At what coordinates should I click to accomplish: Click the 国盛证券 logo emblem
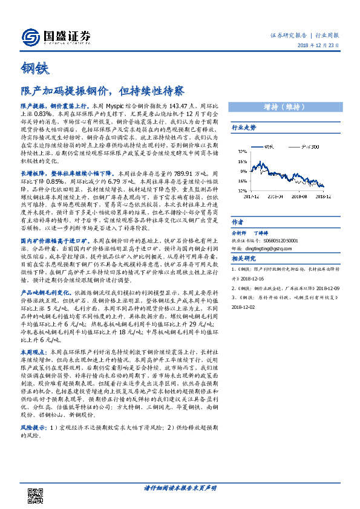tap(31, 37)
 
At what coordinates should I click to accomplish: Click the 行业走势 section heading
tap(244, 128)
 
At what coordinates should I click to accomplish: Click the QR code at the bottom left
tap(36, 483)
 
